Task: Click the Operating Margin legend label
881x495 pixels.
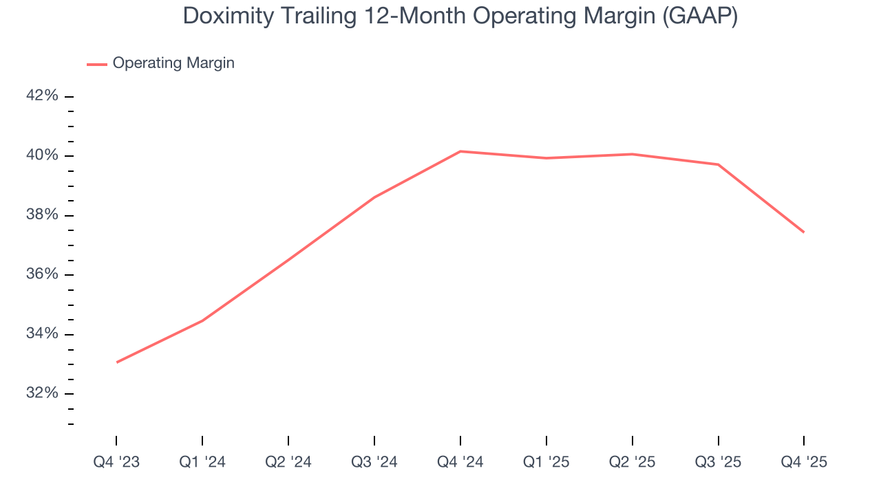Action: click(173, 63)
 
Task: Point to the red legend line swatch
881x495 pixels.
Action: click(97, 64)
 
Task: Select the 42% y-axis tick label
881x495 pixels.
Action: click(42, 96)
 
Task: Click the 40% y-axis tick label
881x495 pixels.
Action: click(42, 155)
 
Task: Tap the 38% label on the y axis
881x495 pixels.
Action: click(42, 215)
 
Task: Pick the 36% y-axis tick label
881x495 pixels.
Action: click(42, 274)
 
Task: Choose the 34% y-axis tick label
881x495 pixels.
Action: click(42, 334)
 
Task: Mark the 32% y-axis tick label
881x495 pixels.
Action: click(42, 393)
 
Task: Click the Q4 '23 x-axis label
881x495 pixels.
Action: click(116, 462)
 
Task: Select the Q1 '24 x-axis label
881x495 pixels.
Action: click(202, 462)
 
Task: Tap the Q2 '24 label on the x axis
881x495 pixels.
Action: click(288, 462)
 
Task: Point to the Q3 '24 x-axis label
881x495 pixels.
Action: click(374, 462)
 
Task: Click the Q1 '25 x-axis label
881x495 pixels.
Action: click(546, 462)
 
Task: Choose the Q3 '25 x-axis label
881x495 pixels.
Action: click(719, 462)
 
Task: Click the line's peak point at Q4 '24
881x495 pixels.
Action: click(460, 151)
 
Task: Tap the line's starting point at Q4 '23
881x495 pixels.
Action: click(116, 362)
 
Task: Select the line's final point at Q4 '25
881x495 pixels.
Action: click(804, 232)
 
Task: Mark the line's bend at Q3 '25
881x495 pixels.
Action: click(719, 164)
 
